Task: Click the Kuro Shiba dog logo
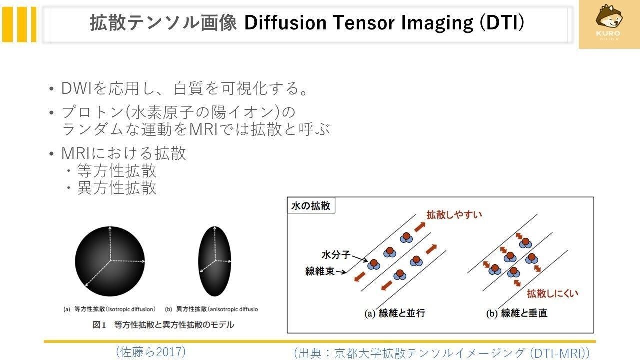[x=608, y=22]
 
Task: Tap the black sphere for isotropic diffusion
[x=110, y=261]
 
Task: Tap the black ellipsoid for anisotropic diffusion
[x=215, y=261]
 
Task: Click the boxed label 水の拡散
[x=311, y=205]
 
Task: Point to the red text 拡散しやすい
[x=454, y=215]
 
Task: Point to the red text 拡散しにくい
[x=553, y=293]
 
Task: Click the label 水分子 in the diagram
[x=336, y=255]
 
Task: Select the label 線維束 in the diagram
[x=320, y=271]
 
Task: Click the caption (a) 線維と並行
[x=395, y=313]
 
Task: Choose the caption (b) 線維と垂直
[x=517, y=313]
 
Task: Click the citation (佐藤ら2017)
[x=151, y=352]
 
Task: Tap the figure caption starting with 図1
[x=163, y=325]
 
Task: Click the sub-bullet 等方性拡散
[x=117, y=171]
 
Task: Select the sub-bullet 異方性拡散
[x=117, y=188]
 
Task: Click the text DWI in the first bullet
[x=76, y=88]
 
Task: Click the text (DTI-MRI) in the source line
[x=559, y=353]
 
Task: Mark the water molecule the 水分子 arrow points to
[x=374, y=264]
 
